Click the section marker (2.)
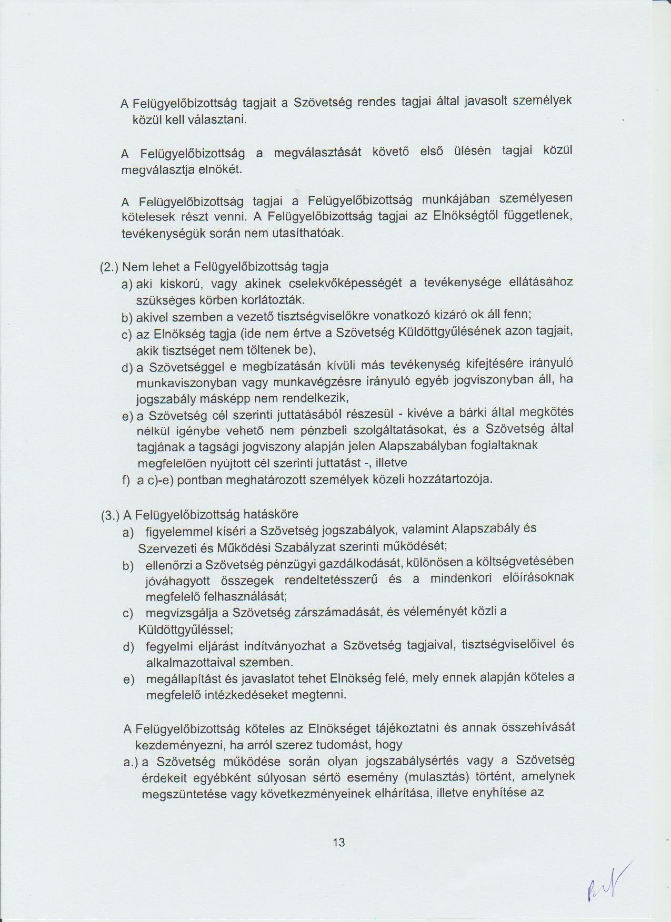point(110,267)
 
